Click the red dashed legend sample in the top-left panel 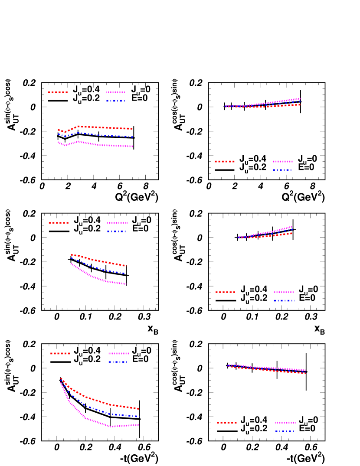click(58, 92)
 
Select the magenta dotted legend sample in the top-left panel click(116, 92)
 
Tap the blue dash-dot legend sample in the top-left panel click(115, 101)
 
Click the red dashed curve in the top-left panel click(104, 127)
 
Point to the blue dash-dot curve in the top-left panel click(104, 135)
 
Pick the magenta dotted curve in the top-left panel click(104, 145)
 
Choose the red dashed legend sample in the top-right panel click(225, 161)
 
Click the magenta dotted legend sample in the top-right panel click(283, 161)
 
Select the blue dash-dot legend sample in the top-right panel click(282, 170)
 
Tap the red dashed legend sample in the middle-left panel click(59, 223)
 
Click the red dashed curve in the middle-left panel click(100, 261)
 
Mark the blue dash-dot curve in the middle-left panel click(100, 269)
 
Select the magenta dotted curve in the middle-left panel click(100, 279)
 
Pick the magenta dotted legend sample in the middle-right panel click(284, 292)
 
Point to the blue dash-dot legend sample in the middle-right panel click(284, 300)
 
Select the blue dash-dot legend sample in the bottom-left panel click(118, 362)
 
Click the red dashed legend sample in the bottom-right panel click(227, 422)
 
